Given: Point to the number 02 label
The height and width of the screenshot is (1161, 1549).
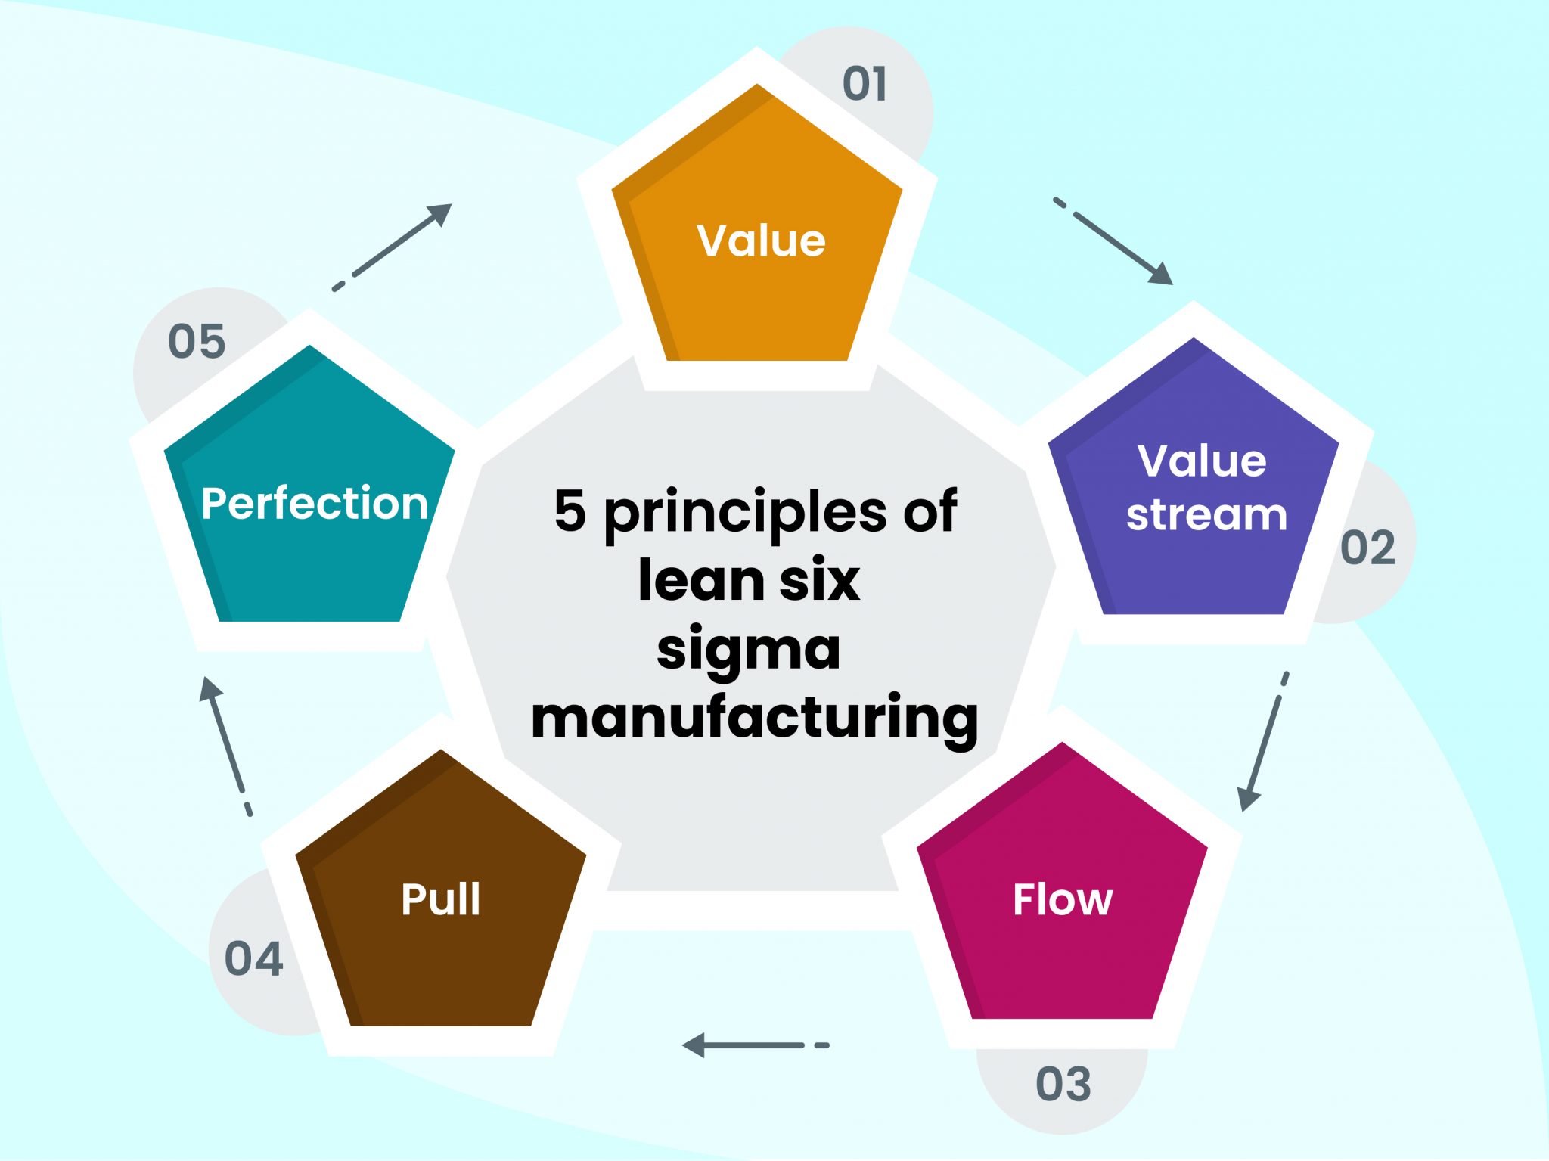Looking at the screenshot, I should [x=1367, y=548].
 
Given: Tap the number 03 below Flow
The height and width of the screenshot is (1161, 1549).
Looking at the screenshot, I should [x=1063, y=1084].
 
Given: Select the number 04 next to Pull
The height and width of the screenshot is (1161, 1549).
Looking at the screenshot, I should [x=253, y=959].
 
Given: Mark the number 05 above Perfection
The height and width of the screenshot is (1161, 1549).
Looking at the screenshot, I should [x=197, y=341].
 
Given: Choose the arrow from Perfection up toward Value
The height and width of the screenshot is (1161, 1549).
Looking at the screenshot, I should [x=393, y=246].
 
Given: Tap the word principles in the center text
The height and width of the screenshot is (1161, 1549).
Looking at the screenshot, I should [x=745, y=513].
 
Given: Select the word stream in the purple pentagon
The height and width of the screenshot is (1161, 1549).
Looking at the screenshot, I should [x=1206, y=515].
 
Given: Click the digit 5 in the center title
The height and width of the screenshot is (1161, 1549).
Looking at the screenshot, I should [x=570, y=510].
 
